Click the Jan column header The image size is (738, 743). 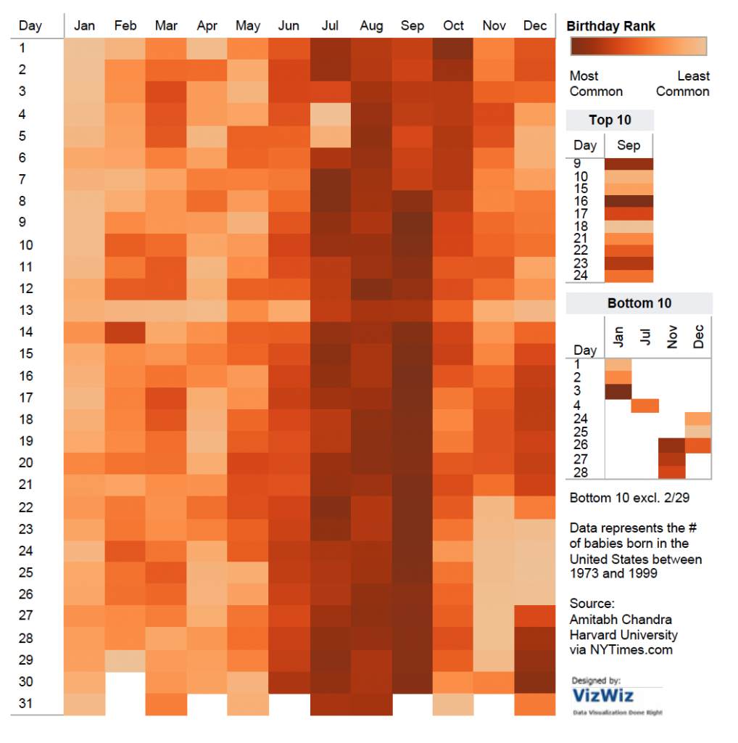85,26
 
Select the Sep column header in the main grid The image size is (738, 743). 412,26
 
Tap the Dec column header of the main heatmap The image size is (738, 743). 535,26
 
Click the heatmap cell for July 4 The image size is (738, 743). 330,114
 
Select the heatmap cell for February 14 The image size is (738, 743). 125,332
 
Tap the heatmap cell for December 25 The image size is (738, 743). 535,572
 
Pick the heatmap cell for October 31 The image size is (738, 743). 453,704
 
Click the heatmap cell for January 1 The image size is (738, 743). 85,48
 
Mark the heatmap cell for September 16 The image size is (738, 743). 412,376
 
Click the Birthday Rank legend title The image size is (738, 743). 610,26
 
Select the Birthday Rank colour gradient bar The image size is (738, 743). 638,47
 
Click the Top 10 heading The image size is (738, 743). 610,120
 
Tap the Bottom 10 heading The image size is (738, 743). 639,303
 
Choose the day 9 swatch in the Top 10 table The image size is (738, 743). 629,164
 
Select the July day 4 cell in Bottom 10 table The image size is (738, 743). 644,406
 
